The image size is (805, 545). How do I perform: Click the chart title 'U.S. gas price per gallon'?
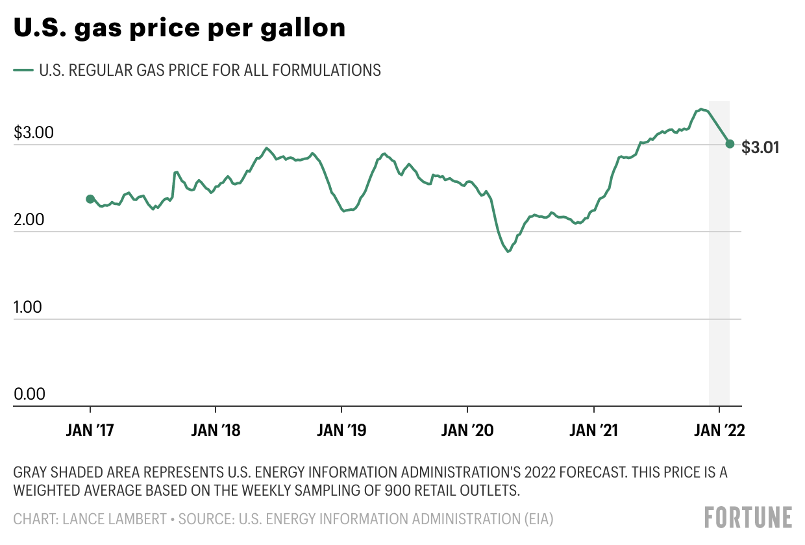pos(179,29)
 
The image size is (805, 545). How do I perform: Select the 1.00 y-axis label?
pos(27,307)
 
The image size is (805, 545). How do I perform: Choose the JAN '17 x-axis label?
pos(90,431)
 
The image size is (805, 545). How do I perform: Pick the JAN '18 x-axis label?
pos(216,431)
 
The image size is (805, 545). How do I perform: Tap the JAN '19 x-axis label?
pos(341,431)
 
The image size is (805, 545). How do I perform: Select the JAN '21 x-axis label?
pos(593,431)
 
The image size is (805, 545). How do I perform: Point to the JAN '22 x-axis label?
pos(719,431)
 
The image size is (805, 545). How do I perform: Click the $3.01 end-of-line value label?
pos(760,147)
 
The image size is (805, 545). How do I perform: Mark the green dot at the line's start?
pos(90,199)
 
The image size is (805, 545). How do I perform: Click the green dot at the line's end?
pos(730,144)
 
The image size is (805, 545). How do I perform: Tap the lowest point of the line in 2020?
pos(508,251)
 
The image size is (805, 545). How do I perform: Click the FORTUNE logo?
pos(748,517)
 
